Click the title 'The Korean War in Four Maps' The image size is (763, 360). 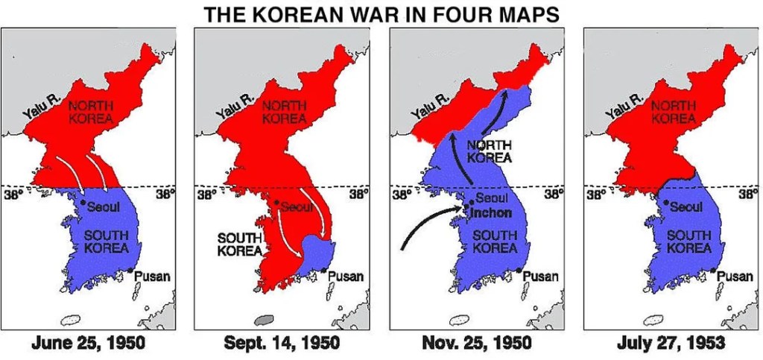[x=381, y=13]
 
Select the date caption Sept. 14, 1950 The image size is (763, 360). [x=282, y=344]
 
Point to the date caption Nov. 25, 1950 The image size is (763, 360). [x=476, y=344]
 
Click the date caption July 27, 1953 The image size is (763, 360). [x=671, y=344]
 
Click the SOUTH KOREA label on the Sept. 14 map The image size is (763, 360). [x=239, y=244]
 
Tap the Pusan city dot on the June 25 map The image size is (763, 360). [x=130, y=270]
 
